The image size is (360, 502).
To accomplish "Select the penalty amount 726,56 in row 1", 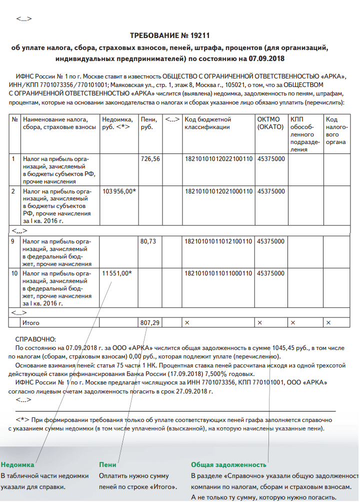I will click(x=150, y=159).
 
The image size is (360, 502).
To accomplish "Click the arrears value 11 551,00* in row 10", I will click(x=117, y=273).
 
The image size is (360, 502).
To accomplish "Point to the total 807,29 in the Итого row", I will click(x=150, y=323).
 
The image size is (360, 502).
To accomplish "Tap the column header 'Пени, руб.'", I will click(x=149, y=123).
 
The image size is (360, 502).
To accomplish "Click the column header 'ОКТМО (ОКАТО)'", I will click(x=269, y=123).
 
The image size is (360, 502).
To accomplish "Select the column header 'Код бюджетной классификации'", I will click(x=207, y=123).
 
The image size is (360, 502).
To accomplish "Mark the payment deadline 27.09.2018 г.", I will click(x=196, y=391).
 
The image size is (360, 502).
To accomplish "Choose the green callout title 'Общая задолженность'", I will click(x=228, y=465).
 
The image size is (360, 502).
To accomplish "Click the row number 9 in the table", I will click(x=15, y=241).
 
